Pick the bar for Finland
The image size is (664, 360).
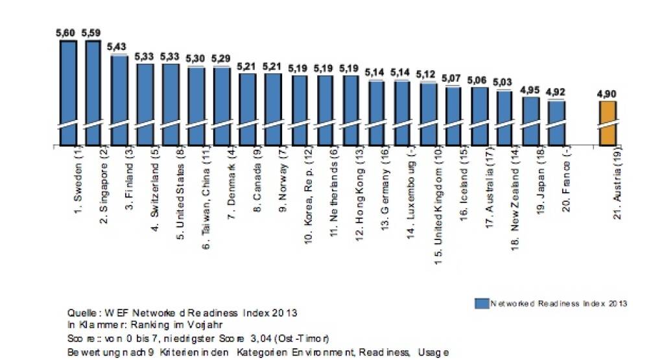[x=119, y=100]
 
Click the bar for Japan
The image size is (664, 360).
[x=530, y=121]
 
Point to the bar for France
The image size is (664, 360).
[x=556, y=123]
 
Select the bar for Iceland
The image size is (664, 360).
[x=453, y=115]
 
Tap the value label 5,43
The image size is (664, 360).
[x=118, y=46]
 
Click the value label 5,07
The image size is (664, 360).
[x=452, y=78]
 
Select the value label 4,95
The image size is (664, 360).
[x=530, y=89]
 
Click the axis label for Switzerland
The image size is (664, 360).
[x=155, y=188]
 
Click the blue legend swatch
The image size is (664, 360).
[x=480, y=303]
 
